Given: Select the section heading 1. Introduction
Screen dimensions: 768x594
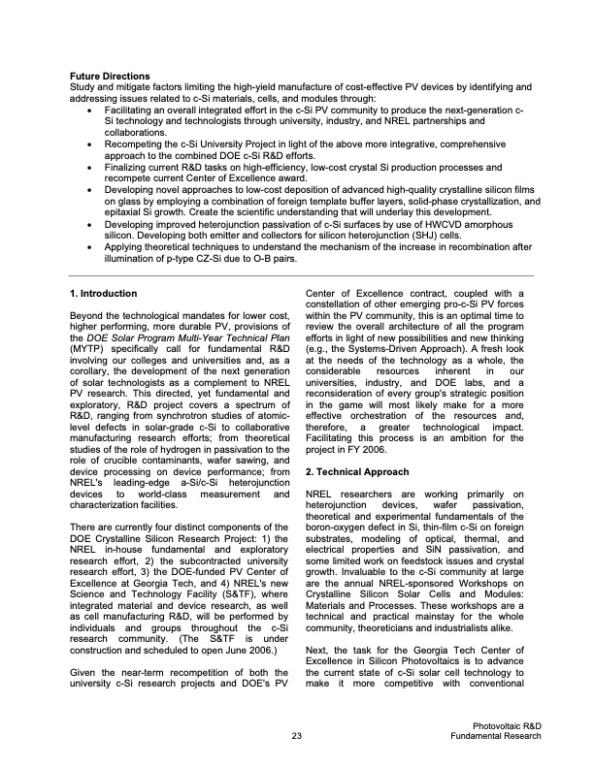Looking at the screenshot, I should pyautogui.click(x=104, y=293).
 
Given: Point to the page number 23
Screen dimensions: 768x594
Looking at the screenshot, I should pyautogui.click(x=297, y=738).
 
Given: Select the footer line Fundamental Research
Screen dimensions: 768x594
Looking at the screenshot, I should pyautogui.click(x=496, y=738).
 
